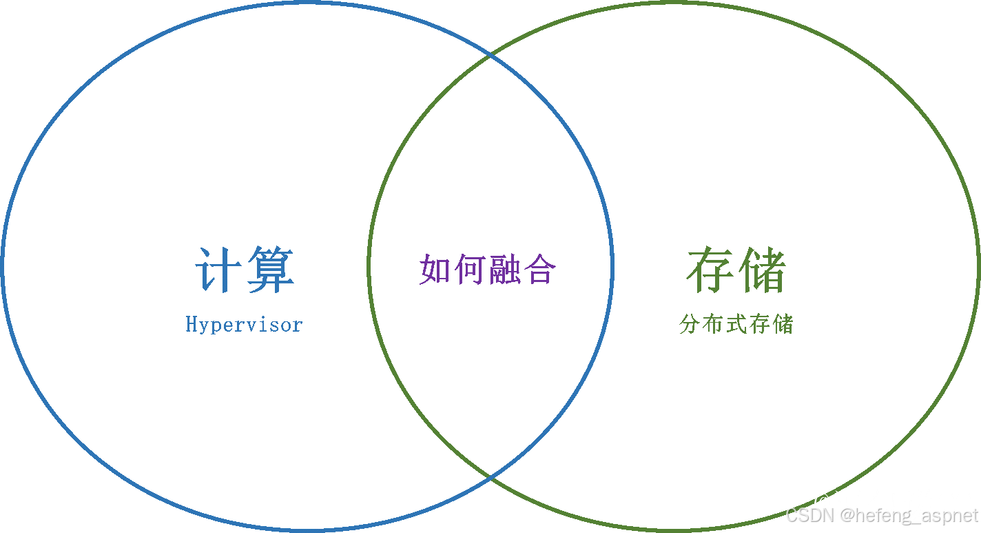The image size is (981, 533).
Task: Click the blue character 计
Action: pos(219,270)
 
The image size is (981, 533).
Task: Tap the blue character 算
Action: pos(270,270)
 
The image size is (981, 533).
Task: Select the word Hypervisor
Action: pos(244,324)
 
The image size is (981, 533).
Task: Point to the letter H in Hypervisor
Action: pos(192,323)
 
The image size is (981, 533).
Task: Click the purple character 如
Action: pos(435,269)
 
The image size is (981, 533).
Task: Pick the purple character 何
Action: pos(470,269)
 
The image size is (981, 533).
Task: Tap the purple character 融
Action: pos(504,269)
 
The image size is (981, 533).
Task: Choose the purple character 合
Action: pos(539,269)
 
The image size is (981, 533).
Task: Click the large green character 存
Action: pos(711,270)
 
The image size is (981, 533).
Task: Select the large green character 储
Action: pos(761,270)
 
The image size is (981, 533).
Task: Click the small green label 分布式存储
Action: pos(736,324)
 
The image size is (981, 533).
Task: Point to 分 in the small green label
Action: pos(690,324)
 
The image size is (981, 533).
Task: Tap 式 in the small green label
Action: pos(736,324)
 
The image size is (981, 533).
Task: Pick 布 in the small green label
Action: pos(713,324)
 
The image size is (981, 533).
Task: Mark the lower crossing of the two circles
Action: pos(490,476)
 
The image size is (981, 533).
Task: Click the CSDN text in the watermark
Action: pos(807,515)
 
